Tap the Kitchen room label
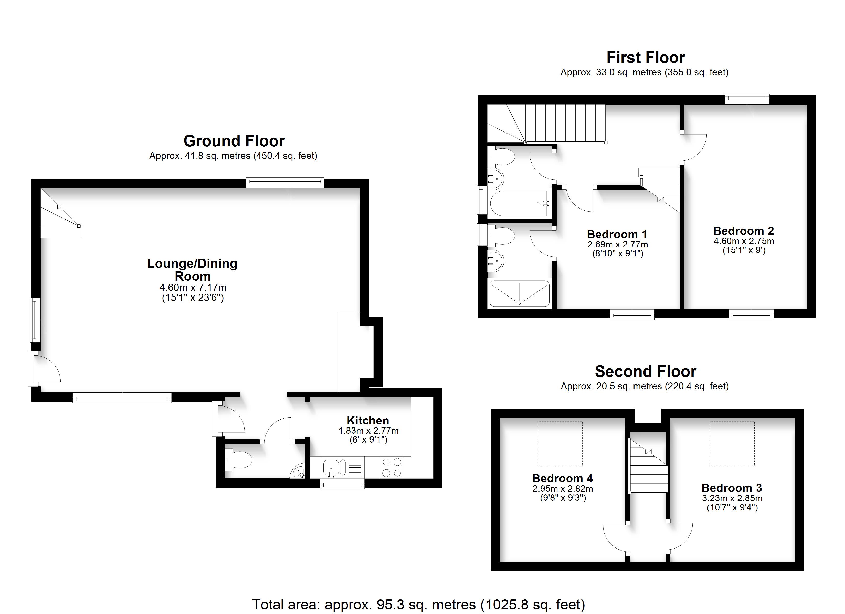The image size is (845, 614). click(x=368, y=420)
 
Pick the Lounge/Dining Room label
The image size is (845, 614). click(x=192, y=270)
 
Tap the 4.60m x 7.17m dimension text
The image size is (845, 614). click(x=193, y=288)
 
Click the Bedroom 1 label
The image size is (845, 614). click(x=617, y=234)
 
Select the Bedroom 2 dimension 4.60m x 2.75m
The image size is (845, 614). click(x=744, y=241)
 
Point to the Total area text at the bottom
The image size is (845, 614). click(x=418, y=604)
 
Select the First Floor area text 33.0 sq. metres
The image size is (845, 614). click(x=644, y=72)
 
